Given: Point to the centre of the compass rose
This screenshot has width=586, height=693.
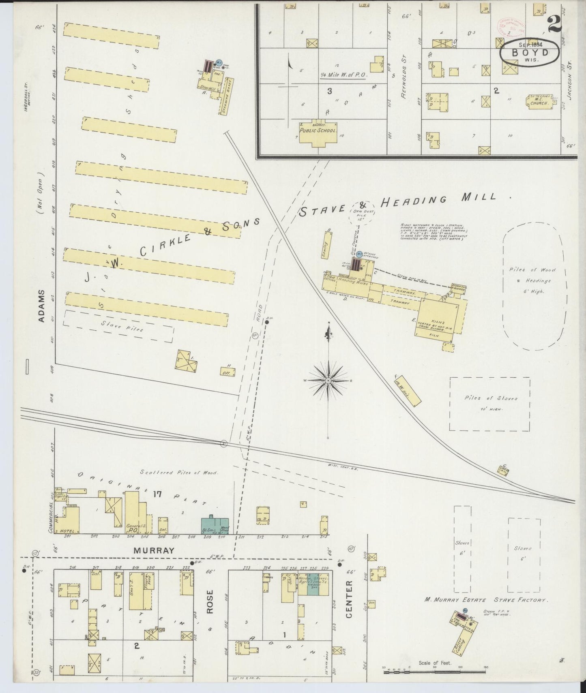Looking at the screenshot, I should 328,381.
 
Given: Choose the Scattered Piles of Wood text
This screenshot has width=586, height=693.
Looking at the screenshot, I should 179,473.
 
